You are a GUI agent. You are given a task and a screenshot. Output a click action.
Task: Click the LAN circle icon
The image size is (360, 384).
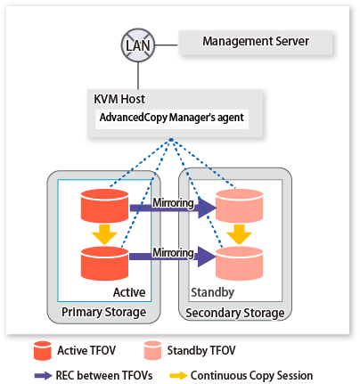138,45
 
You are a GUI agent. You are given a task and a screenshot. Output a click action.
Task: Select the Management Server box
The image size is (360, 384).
255,43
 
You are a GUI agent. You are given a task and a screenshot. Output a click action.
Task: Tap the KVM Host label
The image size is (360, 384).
119,99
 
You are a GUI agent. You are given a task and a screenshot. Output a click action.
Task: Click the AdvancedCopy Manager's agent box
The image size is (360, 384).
172,118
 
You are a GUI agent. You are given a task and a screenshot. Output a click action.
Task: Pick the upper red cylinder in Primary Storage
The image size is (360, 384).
105,206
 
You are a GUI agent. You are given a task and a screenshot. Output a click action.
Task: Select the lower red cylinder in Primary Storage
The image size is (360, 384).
105,263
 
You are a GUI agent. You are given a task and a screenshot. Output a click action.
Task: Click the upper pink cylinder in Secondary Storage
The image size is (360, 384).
240,206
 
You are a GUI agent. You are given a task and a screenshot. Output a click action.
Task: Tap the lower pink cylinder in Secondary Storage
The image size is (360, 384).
240,263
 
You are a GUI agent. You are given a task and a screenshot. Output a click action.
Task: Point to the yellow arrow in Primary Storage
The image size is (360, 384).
104,234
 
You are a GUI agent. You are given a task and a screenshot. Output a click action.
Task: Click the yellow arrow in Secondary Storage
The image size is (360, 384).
240,234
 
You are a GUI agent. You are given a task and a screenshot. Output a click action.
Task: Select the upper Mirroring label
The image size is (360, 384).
173,203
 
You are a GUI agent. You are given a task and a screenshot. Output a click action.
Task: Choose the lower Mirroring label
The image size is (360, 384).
173,253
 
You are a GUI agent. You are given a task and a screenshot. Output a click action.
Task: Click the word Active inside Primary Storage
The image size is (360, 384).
129,292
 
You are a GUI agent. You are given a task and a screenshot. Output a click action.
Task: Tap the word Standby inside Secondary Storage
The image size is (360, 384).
212,293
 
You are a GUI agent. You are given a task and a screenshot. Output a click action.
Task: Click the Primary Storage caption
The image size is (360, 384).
103,313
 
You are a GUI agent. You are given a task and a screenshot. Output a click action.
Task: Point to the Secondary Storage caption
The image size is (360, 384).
235,313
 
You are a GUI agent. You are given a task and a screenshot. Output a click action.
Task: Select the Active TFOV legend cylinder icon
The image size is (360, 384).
43,351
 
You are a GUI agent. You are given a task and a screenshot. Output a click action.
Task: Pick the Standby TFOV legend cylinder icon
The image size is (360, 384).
152,351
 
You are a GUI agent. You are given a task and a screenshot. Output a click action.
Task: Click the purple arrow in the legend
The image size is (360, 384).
44,376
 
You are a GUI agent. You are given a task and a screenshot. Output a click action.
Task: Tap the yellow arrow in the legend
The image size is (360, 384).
178,376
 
